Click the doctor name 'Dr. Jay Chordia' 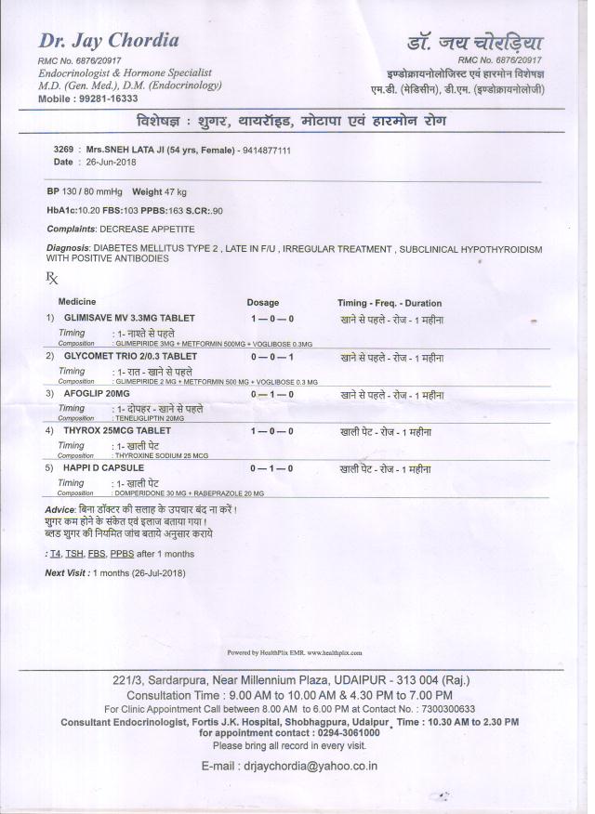109,41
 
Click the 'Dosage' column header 262,303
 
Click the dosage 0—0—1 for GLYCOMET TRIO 272,357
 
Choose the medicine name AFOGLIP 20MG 96,394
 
